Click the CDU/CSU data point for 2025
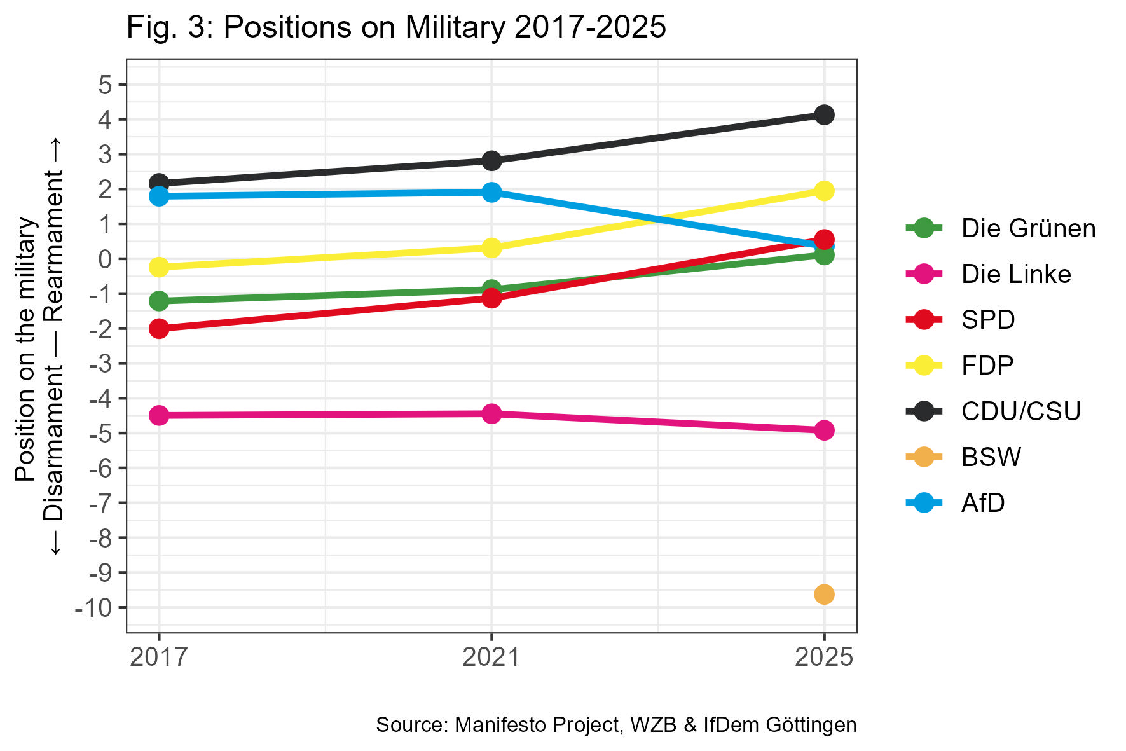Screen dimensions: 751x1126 (x=823, y=115)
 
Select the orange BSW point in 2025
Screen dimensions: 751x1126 (x=823, y=595)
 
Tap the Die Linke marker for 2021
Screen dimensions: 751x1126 (x=491, y=414)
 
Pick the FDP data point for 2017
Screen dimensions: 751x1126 (x=159, y=267)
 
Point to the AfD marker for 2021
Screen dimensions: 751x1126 (x=491, y=192)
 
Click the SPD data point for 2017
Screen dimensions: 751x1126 (x=159, y=329)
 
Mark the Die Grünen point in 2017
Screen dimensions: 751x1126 (x=159, y=301)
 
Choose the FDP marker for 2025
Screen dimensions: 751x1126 (x=823, y=191)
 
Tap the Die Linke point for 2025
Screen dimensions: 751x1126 (x=823, y=431)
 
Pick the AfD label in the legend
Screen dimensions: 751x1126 (x=983, y=503)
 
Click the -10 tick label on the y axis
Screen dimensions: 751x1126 (x=93, y=608)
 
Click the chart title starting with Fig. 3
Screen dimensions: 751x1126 (x=396, y=27)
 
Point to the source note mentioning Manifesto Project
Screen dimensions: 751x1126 (x=615, y=725)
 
